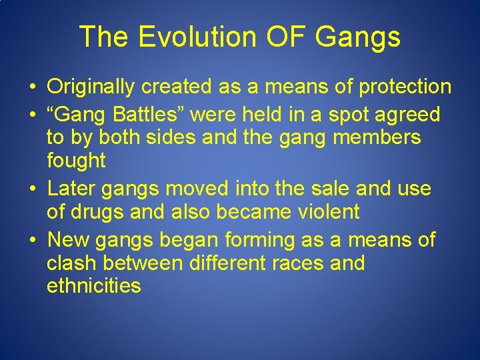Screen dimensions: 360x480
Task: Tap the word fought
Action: coord(76,161)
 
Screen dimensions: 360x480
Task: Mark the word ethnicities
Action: coord(93,286)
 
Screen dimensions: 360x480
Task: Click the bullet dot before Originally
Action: coord(31,87)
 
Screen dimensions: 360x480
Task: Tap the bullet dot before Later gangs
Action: coord(31,189)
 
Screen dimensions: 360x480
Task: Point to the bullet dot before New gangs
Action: coord(31,240)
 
